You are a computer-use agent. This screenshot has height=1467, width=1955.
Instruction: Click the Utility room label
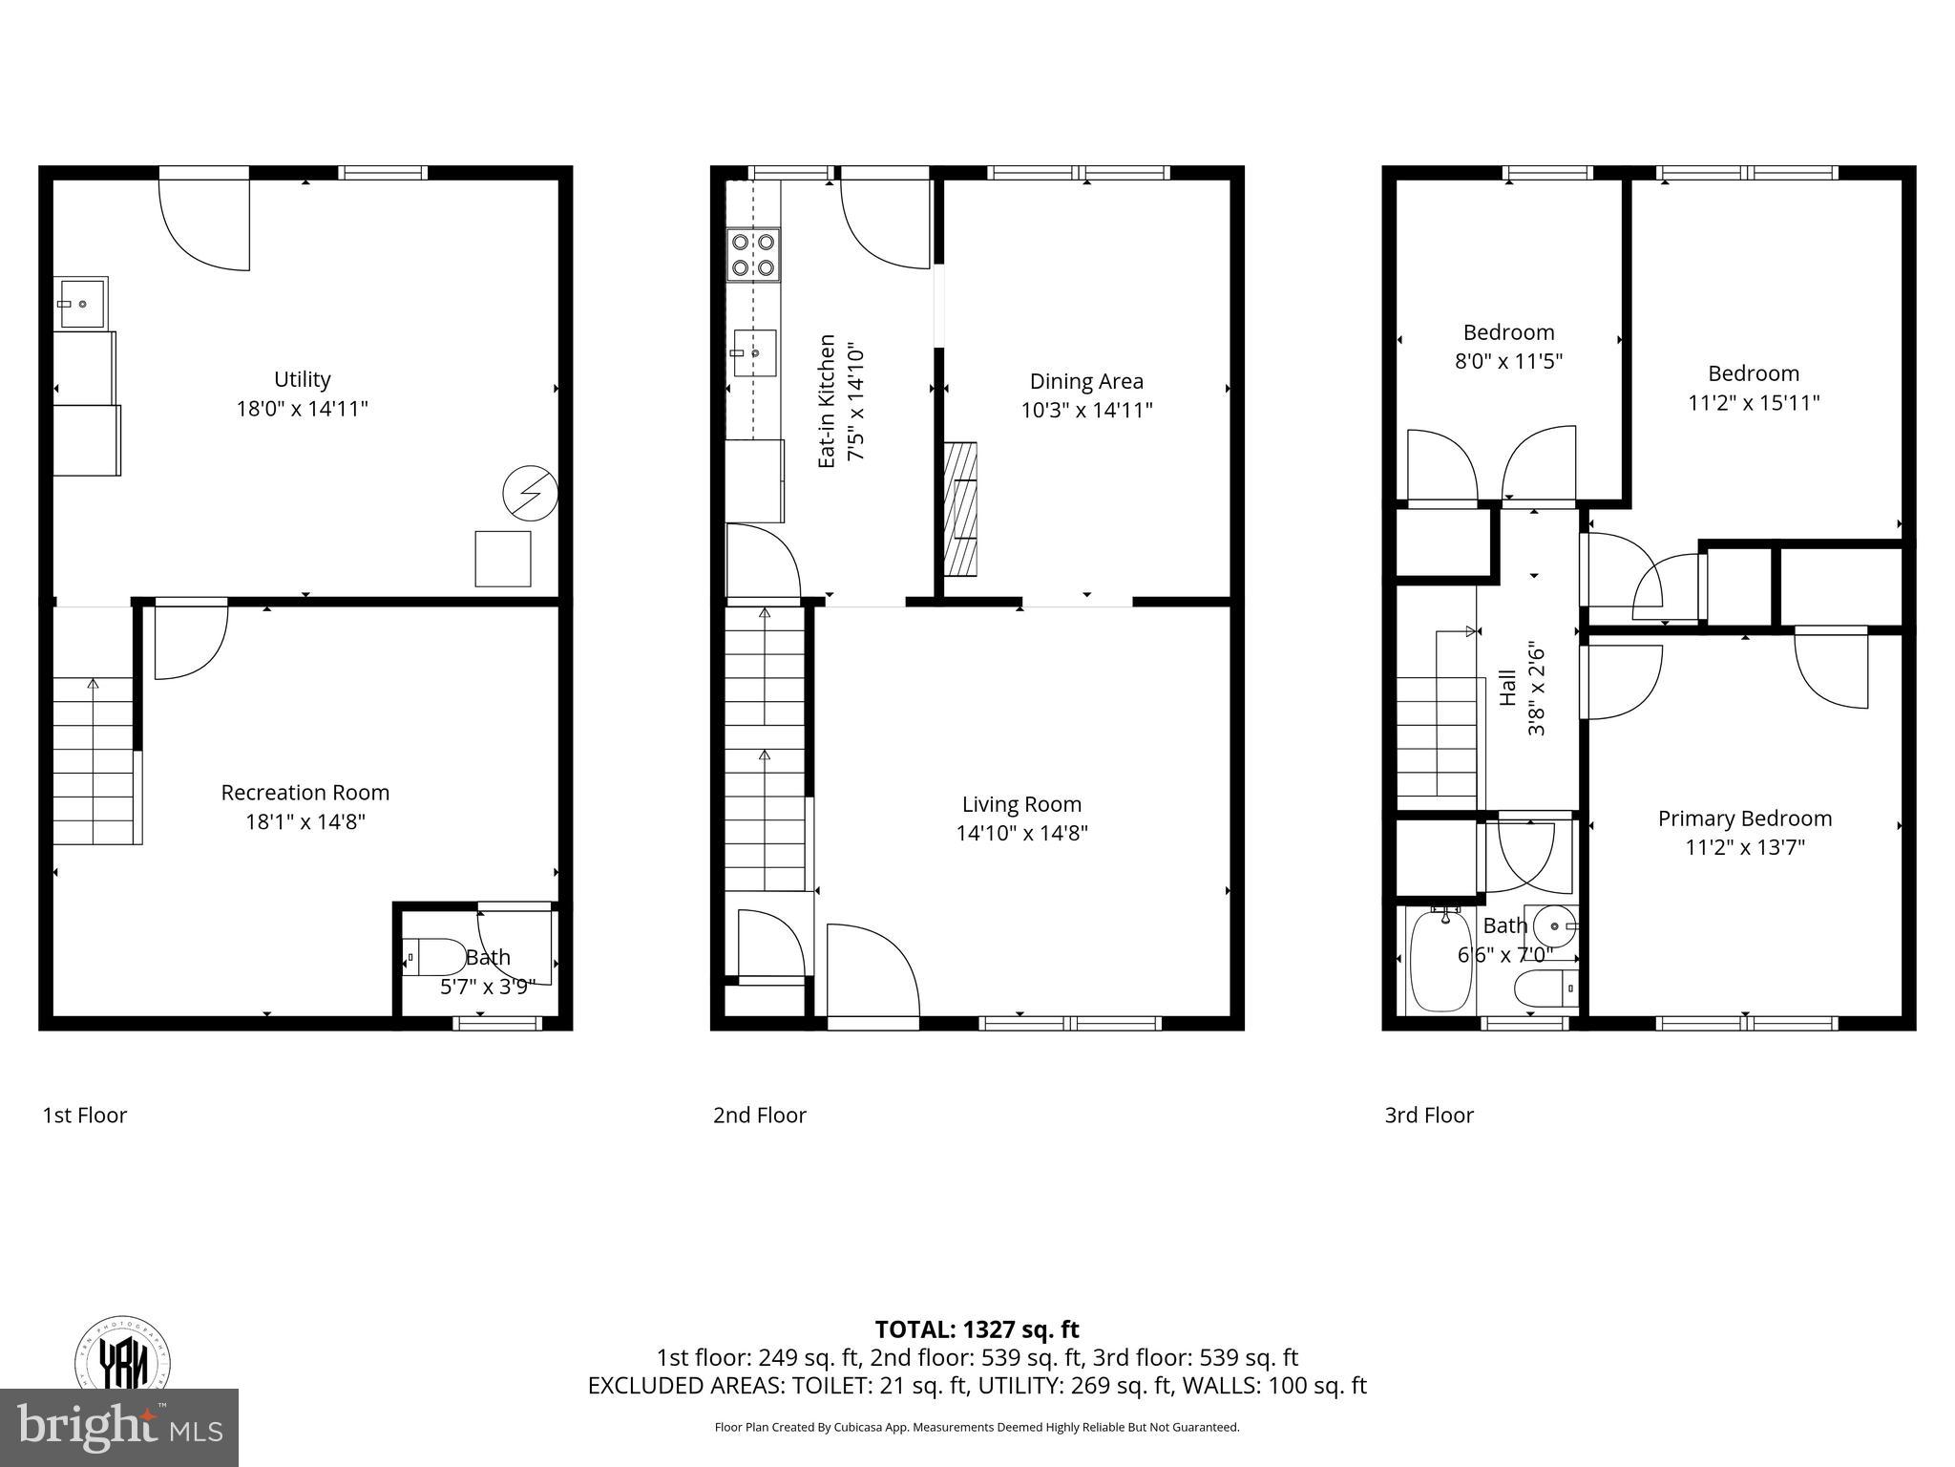pyautogui.click(x=302, y=379)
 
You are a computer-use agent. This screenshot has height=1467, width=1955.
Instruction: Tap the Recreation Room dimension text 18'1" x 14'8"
pyautogui.click(x=305, y=821)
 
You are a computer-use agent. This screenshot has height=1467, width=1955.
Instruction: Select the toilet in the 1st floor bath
pyautogui.click(x=434, y=956)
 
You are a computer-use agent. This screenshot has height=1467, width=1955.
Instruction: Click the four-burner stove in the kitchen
pyautogui.click(x=753, y=254)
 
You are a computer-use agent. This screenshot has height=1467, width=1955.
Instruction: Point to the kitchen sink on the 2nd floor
pyautogui.click(x=754, y=353)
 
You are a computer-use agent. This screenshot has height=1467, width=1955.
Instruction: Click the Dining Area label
pyautogui.click(x=1086, y=381)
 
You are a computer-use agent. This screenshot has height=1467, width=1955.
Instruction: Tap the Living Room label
pyautogui.click(x=1021, y=804)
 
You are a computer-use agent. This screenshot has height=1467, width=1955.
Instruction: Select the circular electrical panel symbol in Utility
pyautogui.click(x=529, y=493)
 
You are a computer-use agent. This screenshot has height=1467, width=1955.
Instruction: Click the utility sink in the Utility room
pyautogui.click(x=80, y=303)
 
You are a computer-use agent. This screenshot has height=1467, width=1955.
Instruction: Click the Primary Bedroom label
pyautogui.click(x=1744, y=819)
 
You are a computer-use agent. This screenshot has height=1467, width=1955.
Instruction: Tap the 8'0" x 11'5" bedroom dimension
pyautogui.click(x=1508, y=361)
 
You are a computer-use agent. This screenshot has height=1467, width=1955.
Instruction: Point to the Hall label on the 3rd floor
pyautogui.click(x=1508, y=688)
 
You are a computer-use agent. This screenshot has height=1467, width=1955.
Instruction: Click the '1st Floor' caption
pyautogui.click(x=84, y=1115)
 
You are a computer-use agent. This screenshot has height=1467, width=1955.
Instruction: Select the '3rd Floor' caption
pyautogui.click(x=1429, y=1115)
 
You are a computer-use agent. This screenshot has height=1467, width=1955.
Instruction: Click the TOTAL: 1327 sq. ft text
pyautogui.click(x=977, y=1329)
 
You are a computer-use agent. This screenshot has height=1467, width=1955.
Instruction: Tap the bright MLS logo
pyautogui.click(x=119, y=1427)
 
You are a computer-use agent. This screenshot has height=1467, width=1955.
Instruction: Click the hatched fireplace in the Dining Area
pyautogui.click(x=960, y=508)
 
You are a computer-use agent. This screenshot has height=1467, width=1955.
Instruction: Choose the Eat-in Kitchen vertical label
pyautogui.click(x=827, y=401)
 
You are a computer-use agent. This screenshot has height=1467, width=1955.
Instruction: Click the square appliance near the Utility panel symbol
pyautogui.click(x=503, y=559)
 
